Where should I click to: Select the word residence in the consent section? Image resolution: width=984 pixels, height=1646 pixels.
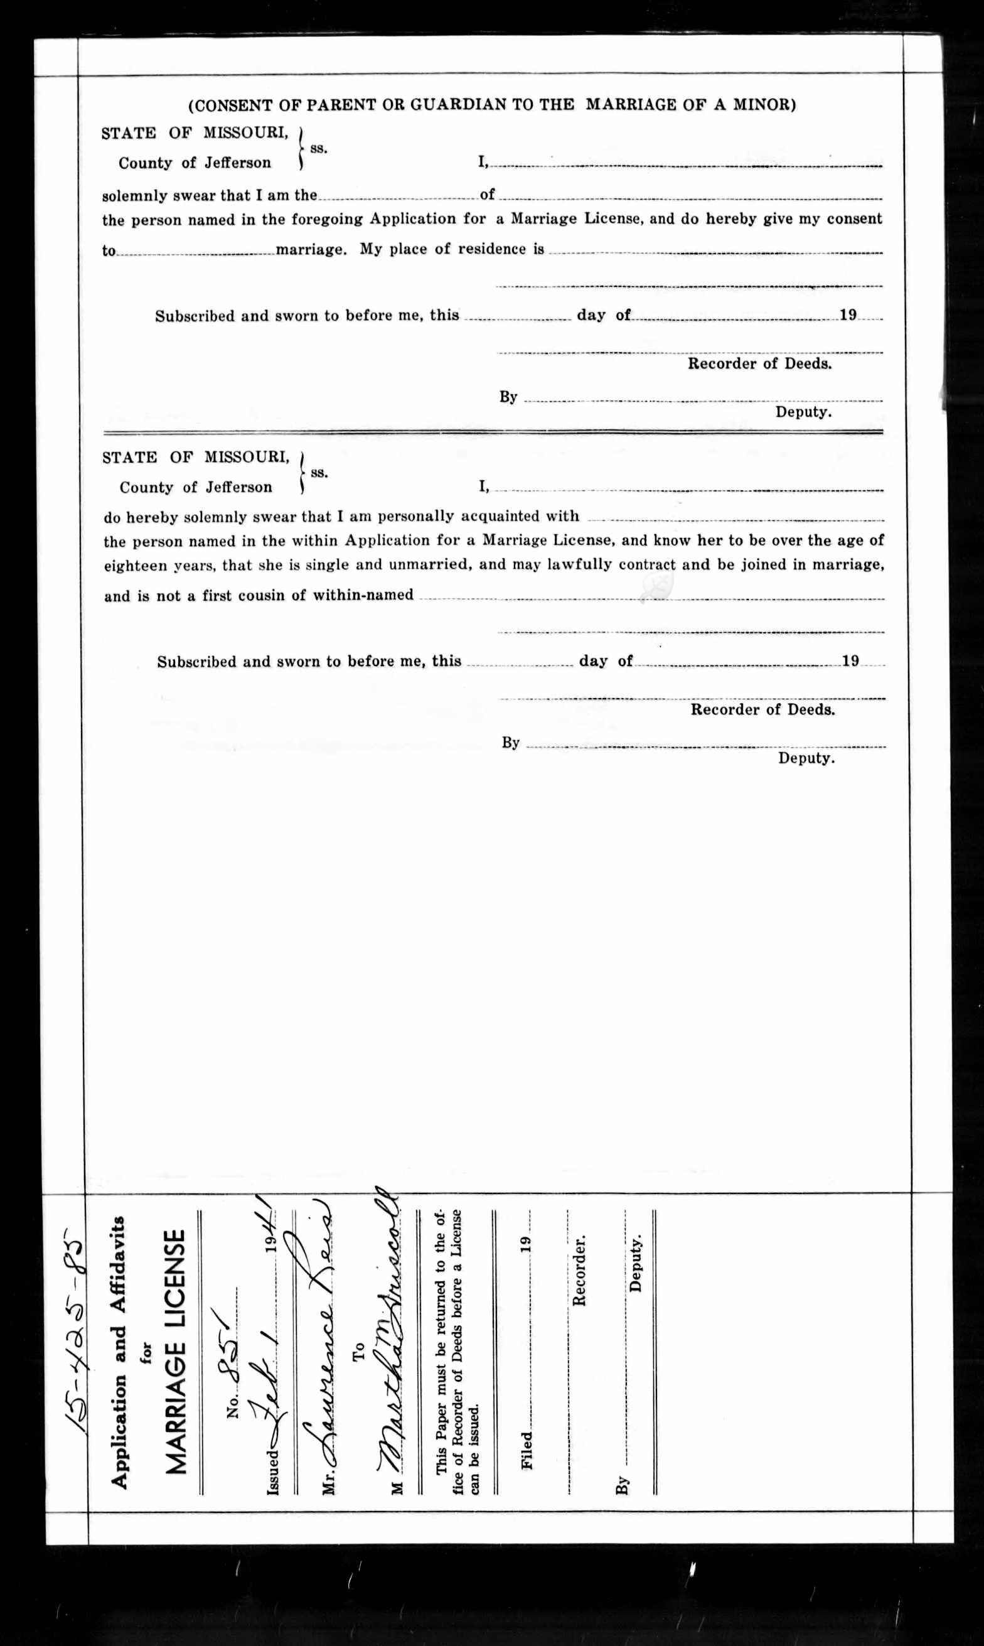pyautogui.click(x=477, y=249)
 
